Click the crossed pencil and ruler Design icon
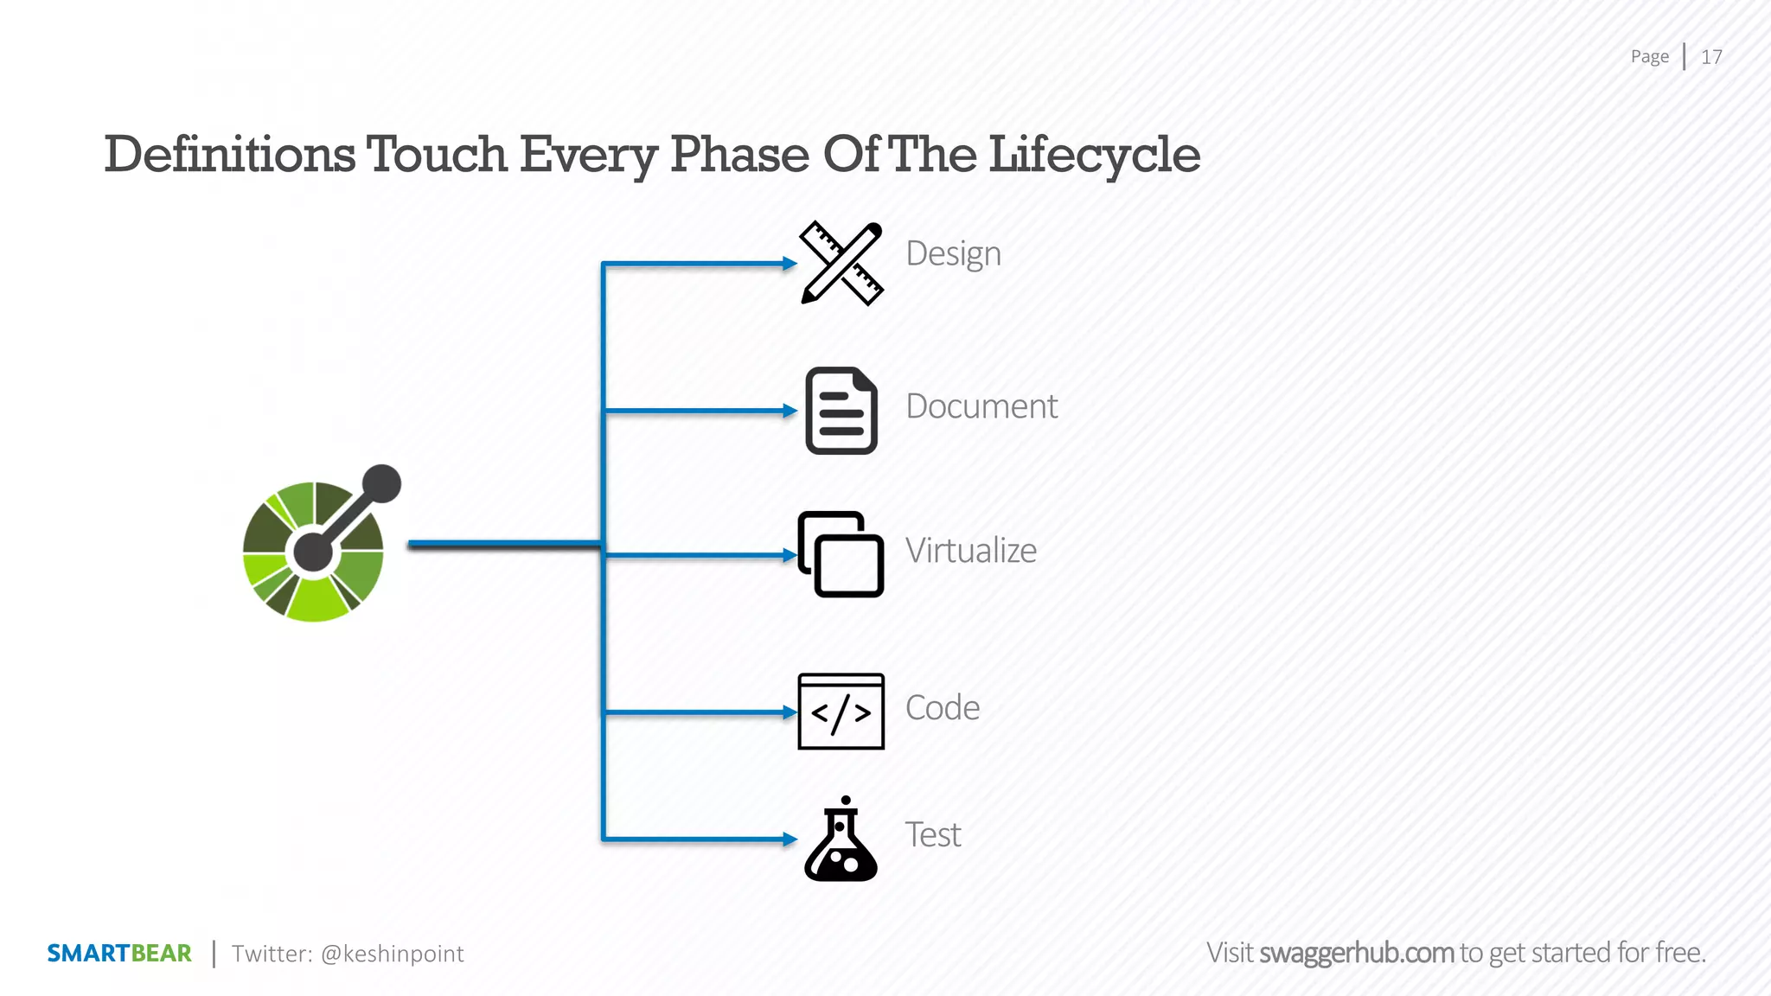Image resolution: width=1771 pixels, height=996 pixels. point(841,264)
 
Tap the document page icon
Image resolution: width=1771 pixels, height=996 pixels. point(841,411)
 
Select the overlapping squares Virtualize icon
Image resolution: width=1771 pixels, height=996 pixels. point(841,554)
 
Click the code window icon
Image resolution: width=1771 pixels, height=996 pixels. point(841,712)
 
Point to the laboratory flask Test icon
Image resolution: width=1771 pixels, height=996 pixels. point(841,840)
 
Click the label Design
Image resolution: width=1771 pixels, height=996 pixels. point(953,254)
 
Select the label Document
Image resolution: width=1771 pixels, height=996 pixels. point(981,406)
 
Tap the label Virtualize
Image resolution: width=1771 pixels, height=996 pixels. point(970,551)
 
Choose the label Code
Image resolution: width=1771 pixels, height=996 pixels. point(942,708)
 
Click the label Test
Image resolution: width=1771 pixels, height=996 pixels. point(932,835)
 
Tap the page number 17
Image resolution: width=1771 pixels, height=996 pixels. point(1711,57)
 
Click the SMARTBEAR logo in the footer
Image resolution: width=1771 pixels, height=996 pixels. point(119,954)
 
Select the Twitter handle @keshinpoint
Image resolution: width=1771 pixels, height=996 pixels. point(392,954)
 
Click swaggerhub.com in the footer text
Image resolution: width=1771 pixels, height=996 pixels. point(1356,953)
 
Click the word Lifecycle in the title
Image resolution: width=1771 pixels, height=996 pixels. point(1094,156)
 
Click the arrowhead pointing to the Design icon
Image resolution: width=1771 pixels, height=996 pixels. point(789,264)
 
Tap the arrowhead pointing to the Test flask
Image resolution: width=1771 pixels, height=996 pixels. point(789,839)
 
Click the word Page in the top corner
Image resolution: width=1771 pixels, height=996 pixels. point(1649,57)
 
